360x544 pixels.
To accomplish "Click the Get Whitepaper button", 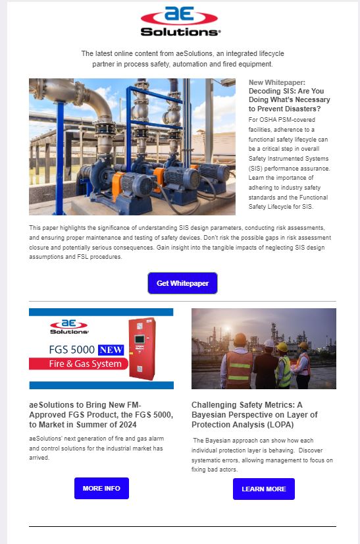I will [x=182, y=283].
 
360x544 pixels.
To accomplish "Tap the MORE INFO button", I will [x=101, y=488].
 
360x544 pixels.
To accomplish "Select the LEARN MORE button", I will [x=263, y=489].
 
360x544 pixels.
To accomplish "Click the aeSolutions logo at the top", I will [x=180, y=22].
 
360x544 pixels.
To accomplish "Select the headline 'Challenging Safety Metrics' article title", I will [x=254, y=406].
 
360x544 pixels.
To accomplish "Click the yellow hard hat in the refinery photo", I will [x=281, y=346].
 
